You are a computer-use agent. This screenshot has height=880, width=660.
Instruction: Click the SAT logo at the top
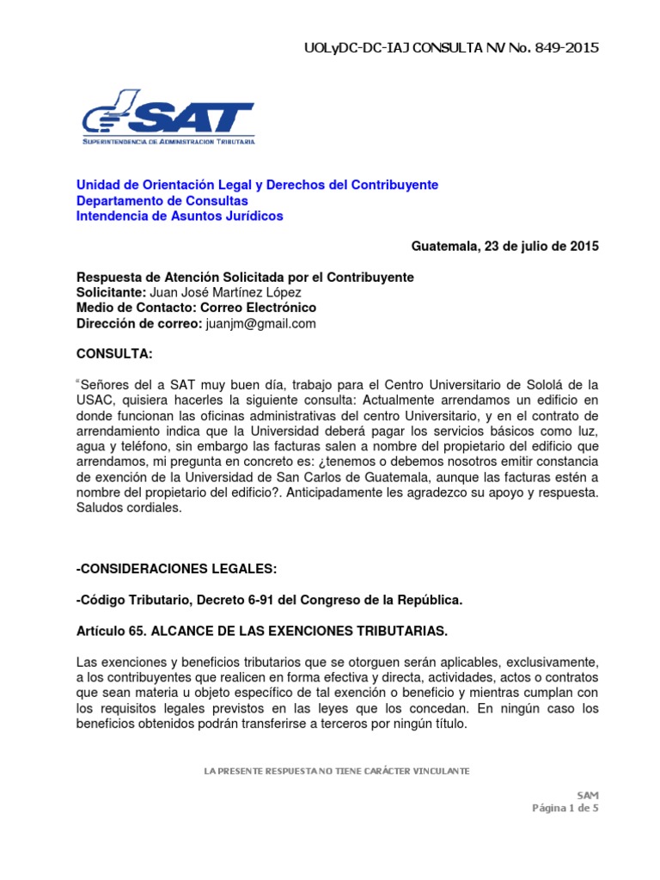tap(168, 118)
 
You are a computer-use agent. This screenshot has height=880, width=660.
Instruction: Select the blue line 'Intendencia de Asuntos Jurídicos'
tap(180, 216)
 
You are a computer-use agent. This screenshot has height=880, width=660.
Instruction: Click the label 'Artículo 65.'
tap(112, 632)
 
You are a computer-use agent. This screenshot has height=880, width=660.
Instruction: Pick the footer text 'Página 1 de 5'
tap(565, 807)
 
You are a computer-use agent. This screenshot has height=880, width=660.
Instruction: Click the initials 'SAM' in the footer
tap(588, 794)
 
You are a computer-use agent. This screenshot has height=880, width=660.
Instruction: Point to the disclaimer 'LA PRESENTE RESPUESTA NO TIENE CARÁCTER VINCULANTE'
tap(336, 771)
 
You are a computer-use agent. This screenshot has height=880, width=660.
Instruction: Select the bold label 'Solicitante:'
tap(112, 292)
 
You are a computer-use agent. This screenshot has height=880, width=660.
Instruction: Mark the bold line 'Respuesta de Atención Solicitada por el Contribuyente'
tap(246, 277)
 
